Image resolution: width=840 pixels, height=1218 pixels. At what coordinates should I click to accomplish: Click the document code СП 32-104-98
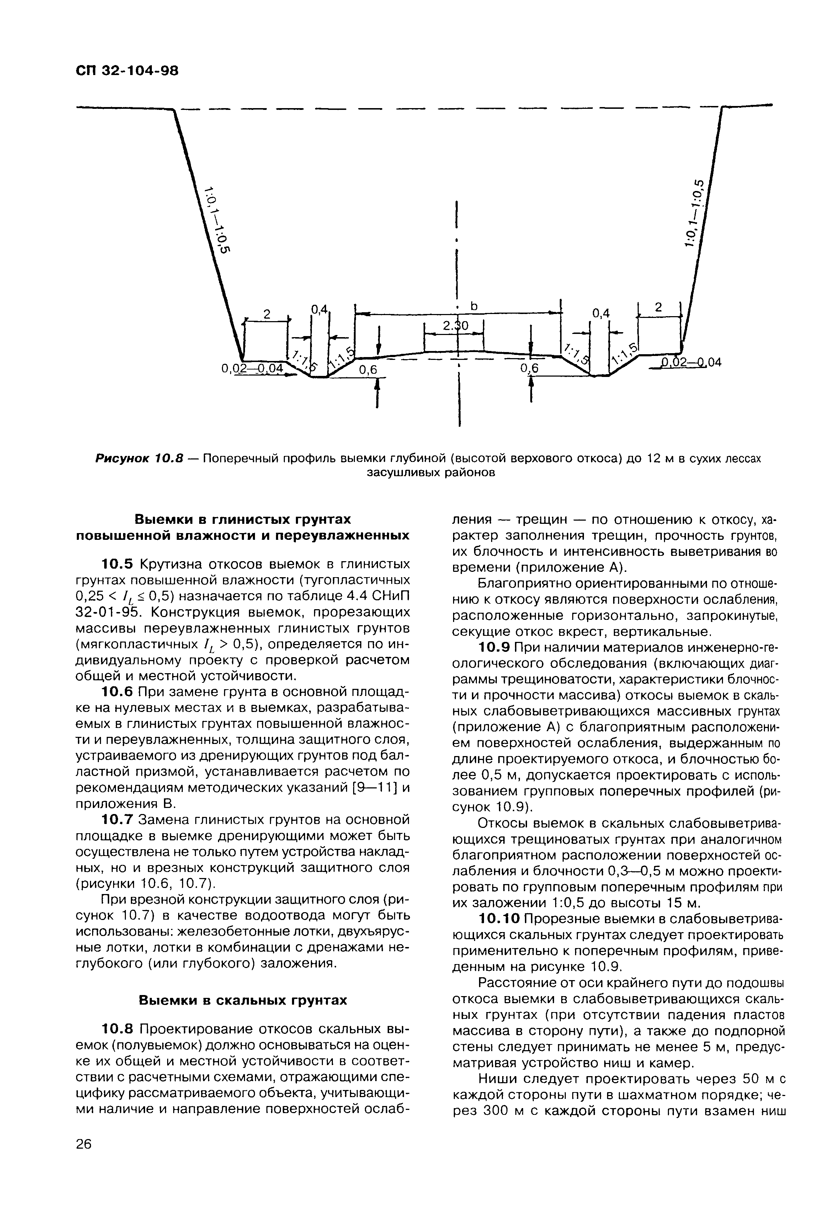[127, 70]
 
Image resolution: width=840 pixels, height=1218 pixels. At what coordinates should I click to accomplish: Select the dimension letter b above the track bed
[473, 306]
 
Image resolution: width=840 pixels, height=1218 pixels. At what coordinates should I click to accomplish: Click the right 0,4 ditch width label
[601, 314]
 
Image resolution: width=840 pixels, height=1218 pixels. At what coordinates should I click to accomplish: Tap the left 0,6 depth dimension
[368, 371]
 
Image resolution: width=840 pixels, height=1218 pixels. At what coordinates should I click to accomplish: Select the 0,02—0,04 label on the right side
[691, 363]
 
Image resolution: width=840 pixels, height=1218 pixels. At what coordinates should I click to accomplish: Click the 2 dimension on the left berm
[266, 314]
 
